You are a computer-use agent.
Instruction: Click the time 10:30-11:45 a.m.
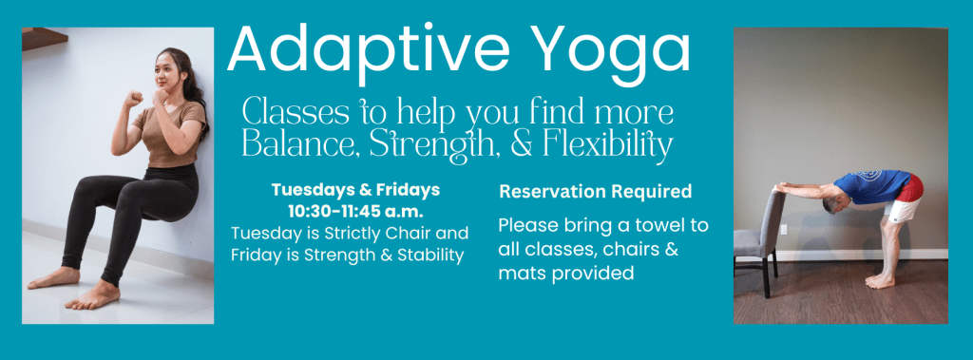pyautogui.click(x=355, y=211)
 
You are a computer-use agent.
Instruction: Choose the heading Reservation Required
pyautogui.click(x=595, y=192)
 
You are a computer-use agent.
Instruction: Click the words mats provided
pyautogui.click(x=566, y=274)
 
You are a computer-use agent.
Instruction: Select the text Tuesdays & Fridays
pyautogui.click(x=355, y=190)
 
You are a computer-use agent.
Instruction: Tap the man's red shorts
pyautogui.click(x=910, y=188)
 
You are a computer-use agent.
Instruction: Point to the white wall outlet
pyautogui.click(x=784, y=230)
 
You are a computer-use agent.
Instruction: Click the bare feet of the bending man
pyautogui.click(x=881, y=281)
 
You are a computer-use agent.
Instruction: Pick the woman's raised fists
pyautogui.click(x=146, y=98)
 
